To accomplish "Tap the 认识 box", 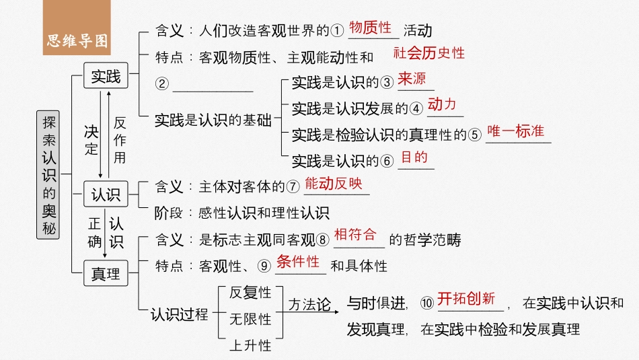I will pos(106,194).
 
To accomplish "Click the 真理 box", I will pos(106,274).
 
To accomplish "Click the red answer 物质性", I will pos(371,28).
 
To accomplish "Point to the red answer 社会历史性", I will pos(429,53).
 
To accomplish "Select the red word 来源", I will pos(412,79).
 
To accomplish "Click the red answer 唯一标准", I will pos(516,131).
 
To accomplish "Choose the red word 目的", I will pos(414,157).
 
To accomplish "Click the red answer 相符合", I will pos(355,235).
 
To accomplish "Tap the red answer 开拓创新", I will pos(466,299).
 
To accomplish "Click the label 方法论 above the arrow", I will pos(310,305).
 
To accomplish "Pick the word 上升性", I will pos(250,345).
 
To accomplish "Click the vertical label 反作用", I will pos(120,140).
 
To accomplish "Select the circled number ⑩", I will pos(427,303).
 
